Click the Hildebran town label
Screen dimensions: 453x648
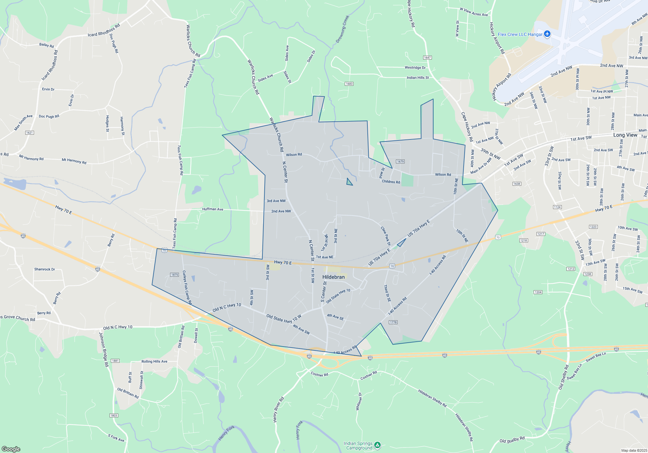333,277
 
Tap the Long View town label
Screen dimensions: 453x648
625,135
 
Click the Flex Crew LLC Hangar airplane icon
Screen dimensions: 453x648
547,34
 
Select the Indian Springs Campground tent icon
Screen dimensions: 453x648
377,445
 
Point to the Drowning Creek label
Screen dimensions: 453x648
342,29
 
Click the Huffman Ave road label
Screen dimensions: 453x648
213,209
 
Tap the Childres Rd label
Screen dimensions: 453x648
391,182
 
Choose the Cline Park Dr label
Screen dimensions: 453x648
386,236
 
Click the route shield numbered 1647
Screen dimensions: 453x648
427,58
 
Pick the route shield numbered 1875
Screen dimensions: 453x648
174,275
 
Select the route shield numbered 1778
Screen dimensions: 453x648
393,322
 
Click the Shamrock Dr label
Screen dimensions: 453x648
44,269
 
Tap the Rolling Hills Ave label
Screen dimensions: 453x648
154,361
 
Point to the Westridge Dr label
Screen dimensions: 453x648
415,68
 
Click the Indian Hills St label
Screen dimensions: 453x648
418,78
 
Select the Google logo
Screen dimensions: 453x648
11,449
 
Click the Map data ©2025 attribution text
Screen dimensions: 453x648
634,450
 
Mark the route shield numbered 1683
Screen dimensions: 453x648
349,84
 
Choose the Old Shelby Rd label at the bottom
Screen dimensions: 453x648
512,440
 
